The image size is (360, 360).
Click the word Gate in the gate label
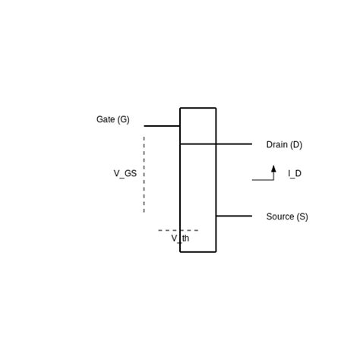coord(106,119)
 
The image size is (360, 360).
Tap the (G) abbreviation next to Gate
coord(123,119)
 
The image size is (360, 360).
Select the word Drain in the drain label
coord(277,144)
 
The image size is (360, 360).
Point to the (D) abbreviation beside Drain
coord(296,145)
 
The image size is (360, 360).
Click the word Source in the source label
coord(280,216)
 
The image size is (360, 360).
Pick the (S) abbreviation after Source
coord(302,217)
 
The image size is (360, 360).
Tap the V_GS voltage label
coord(125,174)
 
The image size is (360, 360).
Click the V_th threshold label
coord(180,238)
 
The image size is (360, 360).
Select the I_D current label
coord(295,174)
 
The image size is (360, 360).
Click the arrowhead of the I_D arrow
coord(273,169)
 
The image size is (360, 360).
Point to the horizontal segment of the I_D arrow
coord(263,180)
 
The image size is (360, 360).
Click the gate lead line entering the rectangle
coord(162,126)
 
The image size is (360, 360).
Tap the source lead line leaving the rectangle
coord(234,216)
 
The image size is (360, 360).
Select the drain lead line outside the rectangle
coord(234,144)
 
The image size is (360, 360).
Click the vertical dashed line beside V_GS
coord(144,175)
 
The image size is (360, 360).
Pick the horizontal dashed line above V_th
coord(178,230)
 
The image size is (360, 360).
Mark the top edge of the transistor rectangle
coord(198,108)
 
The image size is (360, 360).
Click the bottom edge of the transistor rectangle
coord(198,252)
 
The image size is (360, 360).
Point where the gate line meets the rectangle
coord(180,126)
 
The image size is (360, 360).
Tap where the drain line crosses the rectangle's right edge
coord(216,144)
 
